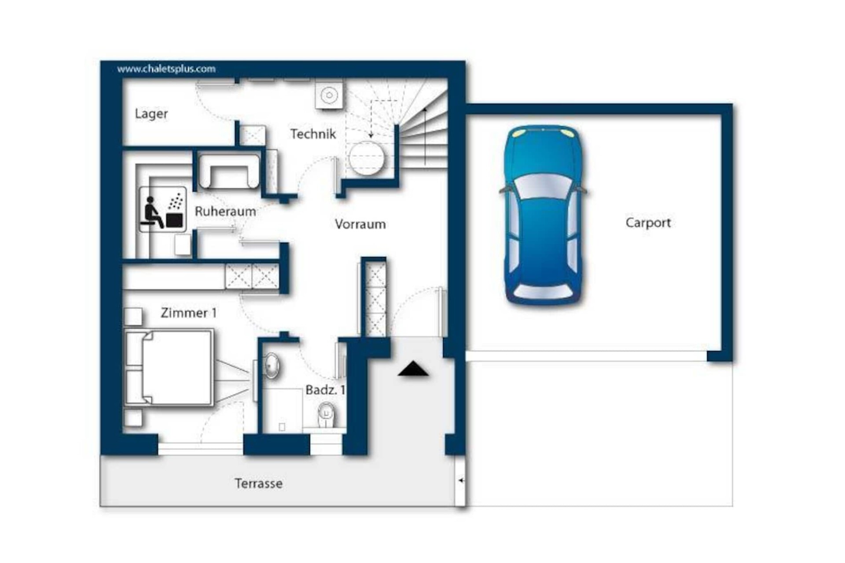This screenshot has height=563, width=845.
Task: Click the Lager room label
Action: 151,114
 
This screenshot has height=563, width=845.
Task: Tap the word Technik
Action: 313,134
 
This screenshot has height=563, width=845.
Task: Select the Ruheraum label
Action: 225,211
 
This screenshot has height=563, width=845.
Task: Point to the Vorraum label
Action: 360,224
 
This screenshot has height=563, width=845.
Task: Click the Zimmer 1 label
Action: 188,313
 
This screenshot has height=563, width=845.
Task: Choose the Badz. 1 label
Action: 325,390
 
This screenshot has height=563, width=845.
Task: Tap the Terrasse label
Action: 258,483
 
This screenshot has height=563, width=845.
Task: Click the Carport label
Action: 648,223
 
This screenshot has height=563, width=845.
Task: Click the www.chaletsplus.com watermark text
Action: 166,69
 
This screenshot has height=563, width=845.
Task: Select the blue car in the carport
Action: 543,216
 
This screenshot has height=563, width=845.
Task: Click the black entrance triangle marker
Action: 413,369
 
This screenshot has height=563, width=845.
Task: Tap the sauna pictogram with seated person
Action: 163,209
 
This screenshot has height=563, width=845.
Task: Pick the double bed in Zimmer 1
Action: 169,367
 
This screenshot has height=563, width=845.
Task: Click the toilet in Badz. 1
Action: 326,414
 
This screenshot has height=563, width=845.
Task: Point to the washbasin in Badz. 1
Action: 271,366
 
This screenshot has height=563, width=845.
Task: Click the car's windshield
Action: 543,186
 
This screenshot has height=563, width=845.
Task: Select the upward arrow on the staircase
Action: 425,136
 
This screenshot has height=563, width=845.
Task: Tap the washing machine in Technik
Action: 329,95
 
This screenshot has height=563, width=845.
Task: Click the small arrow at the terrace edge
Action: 461,480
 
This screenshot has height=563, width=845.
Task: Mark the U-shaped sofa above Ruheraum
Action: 229,172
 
